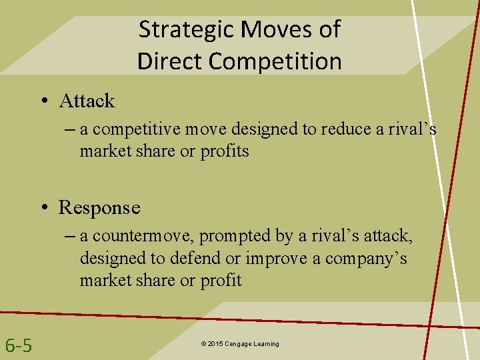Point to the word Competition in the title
(275, 61)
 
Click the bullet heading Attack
(87, 101)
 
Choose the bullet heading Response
(99, 207)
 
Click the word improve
(273, 258)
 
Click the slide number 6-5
(19, 345)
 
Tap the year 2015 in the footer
(215, 344)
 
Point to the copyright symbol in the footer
(203, 344)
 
